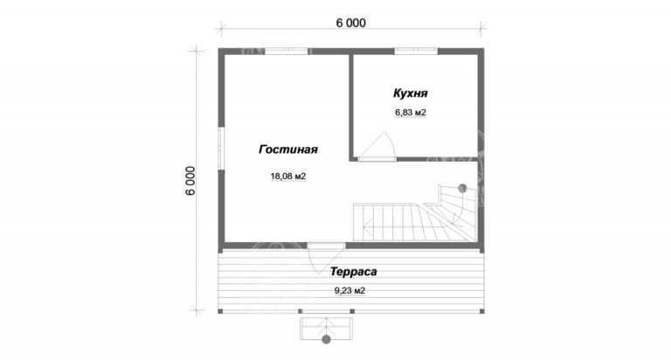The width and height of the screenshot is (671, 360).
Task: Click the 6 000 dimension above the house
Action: click(349, 24)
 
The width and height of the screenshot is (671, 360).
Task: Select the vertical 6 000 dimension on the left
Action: click(190, 181)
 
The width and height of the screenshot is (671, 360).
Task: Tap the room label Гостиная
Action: click(287, 149)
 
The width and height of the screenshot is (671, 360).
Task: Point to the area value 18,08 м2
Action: click(287, 177)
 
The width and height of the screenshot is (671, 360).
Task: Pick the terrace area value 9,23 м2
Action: click(349, 291)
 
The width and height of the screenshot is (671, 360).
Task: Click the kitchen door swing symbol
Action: click(377, 147)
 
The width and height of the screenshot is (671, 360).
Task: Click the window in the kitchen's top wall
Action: click(415, 50)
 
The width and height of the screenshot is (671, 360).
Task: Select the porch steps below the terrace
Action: click(327, 325)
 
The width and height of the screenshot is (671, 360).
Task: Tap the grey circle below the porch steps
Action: click(327, 340)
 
